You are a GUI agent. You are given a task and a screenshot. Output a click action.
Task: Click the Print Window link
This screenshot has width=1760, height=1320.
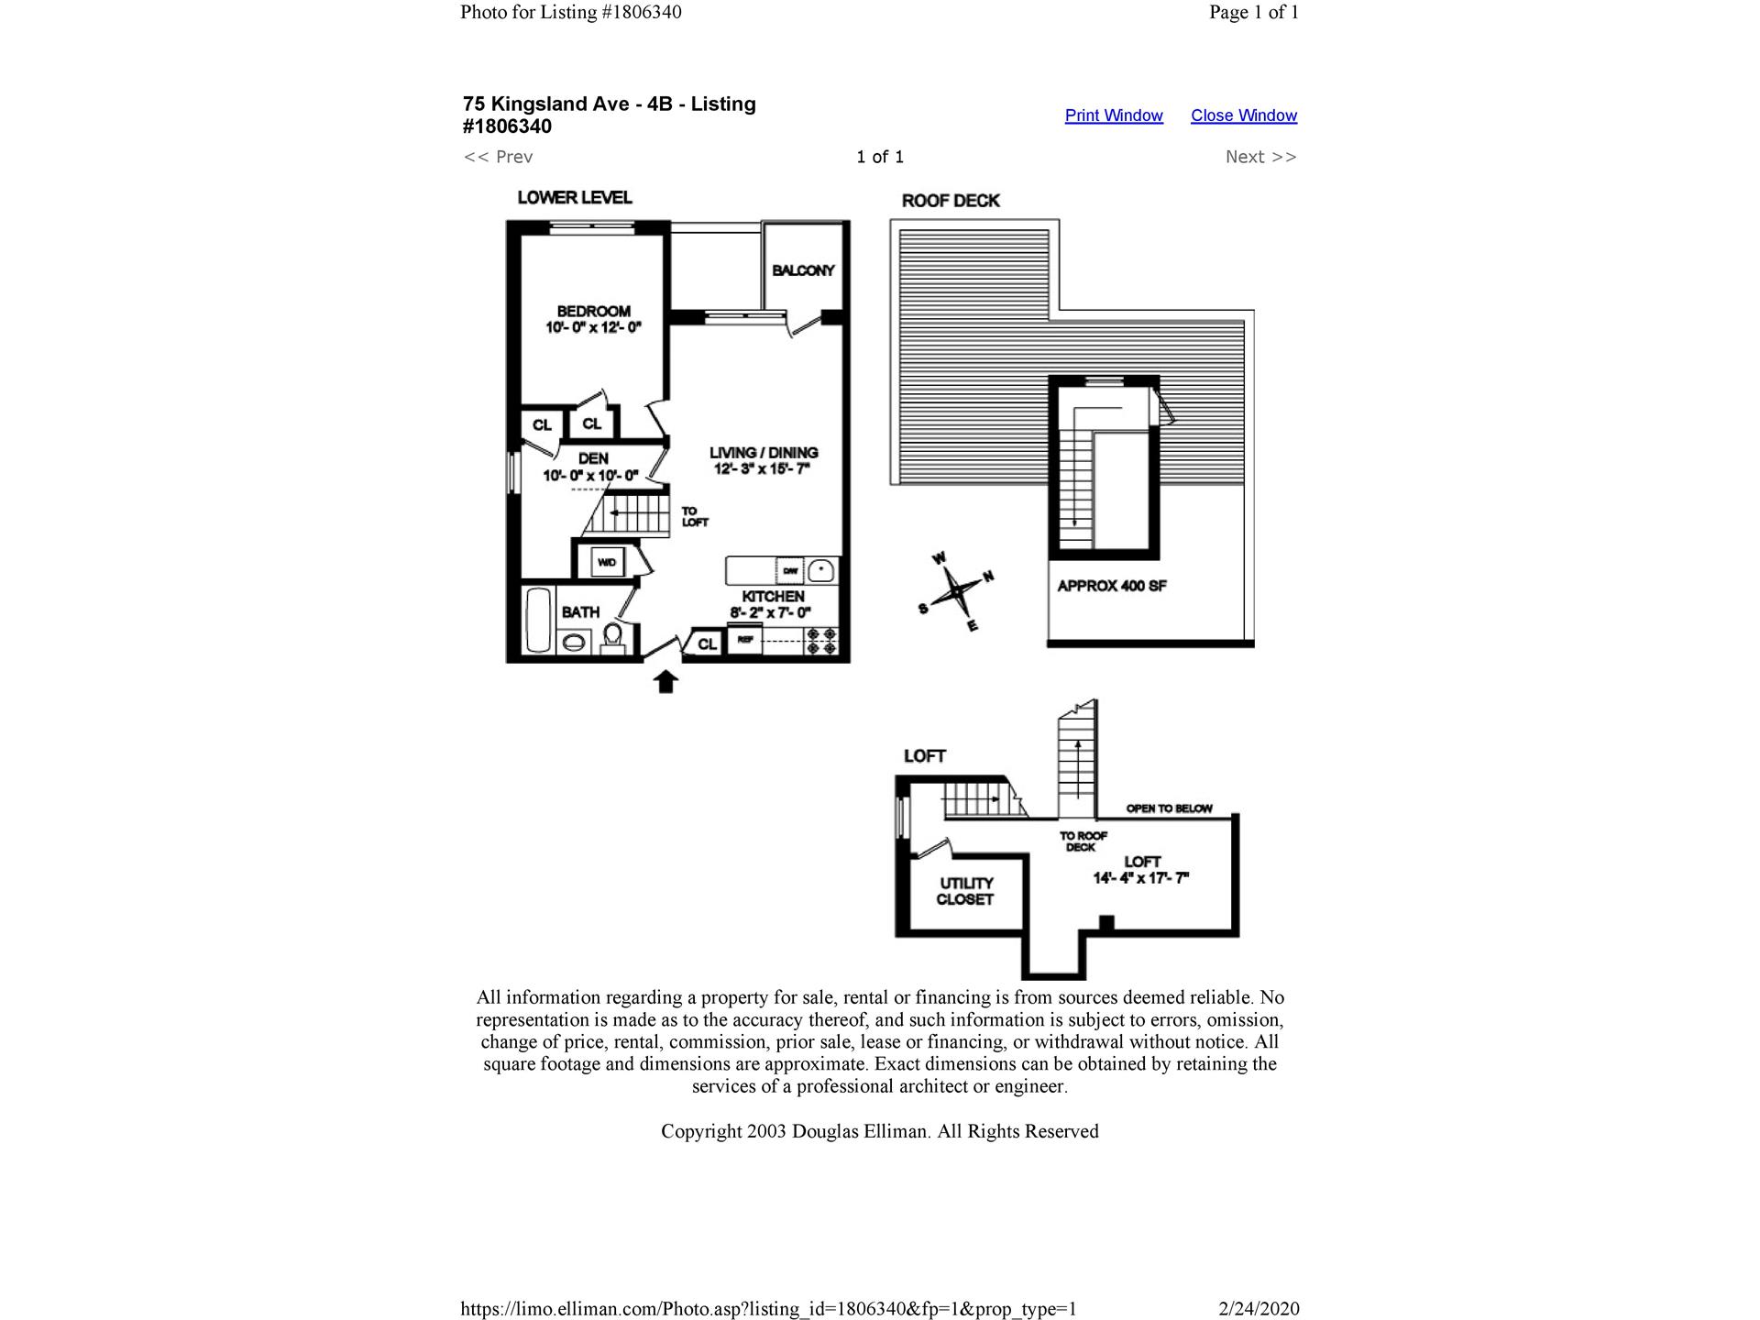point(1113,115)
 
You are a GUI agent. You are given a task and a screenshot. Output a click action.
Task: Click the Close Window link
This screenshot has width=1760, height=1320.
point(1243,115)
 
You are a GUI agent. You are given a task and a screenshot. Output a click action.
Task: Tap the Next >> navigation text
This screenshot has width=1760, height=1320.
point(1260,157)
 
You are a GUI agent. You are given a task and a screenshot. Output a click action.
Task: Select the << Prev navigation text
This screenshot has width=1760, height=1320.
point(498,157)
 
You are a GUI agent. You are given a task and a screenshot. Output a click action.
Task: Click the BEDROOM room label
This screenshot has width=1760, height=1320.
point(593,312)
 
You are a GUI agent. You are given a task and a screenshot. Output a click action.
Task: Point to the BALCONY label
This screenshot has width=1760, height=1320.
point(803,270)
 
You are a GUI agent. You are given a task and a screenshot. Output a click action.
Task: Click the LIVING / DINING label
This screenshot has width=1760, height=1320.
point(764,453)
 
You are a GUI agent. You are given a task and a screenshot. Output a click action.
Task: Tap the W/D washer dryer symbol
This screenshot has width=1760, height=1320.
point(606,562)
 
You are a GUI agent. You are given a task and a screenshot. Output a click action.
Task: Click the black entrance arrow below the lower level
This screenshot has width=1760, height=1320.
point(665,681)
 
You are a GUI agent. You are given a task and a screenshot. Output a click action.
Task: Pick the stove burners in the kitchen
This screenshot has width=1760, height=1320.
point(821,641)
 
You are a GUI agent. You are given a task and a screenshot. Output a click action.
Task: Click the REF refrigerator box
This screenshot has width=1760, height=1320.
point(744,640)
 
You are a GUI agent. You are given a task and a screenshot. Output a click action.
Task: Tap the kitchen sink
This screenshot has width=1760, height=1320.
point(821,570)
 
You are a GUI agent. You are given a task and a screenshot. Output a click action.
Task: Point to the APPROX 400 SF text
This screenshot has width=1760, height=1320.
point(1111,586)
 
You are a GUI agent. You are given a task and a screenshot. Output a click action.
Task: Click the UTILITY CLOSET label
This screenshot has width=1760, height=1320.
point(965,891)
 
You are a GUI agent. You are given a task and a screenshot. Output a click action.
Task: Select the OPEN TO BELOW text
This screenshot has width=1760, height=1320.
point(1169,808)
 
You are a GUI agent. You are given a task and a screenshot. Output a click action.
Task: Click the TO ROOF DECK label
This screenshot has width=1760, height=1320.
point(1083,841)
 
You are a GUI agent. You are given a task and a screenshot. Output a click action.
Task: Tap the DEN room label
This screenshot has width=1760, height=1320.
point(592,458)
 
